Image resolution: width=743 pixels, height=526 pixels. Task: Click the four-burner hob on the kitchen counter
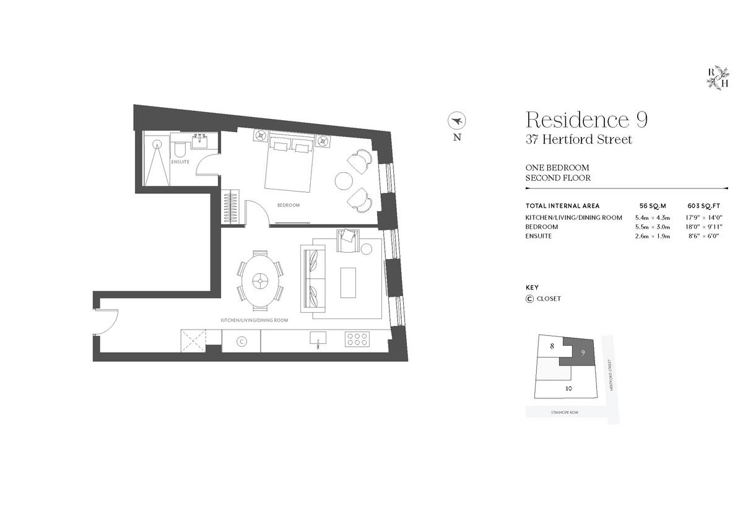(x=357, y=339)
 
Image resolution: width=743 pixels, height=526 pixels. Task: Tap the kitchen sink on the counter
(x=318, y=338)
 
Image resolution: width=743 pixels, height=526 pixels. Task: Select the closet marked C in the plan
(x=241, y=340)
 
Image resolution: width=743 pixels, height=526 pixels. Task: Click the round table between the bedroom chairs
(x=344, y=180)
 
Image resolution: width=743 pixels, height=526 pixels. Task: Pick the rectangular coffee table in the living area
(x=349, y=282)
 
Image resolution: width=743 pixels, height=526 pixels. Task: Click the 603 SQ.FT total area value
(x=705, y=206)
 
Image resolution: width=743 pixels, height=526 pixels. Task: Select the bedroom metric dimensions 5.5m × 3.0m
(x=653, y=227)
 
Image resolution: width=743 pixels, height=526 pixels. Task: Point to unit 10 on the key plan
(x=568, y=389)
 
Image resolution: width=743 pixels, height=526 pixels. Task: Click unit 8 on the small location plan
(x=552, y=347)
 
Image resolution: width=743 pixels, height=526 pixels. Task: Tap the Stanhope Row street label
(x=563, y=411)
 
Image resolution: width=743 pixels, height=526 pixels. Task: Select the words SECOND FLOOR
(x=558, y=178)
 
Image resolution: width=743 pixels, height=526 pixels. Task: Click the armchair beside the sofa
(x=348, y=240)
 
